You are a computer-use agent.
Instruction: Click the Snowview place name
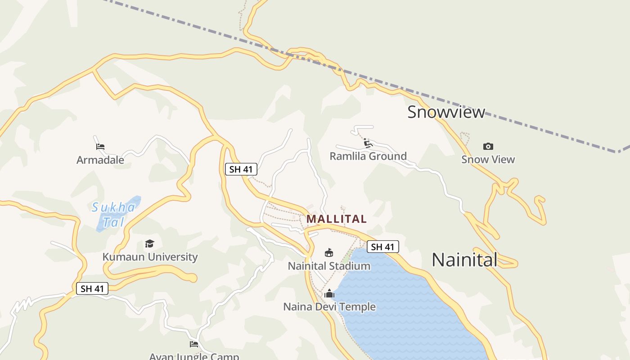pyautogui.click(x=446, y=112)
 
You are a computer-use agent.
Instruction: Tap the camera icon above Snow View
pyautogui.click(x=488, y=146)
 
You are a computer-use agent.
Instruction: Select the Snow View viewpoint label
pyautogui.click(x=488, y=159)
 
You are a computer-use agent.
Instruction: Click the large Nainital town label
pyautogui.click(x=464, y=260)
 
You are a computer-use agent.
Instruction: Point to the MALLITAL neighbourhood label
pyautogui.click(x=337, y=219)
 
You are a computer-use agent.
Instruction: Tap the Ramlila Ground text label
pyautogui.click(x=368, y=156)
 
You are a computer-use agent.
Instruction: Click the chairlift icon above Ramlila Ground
pyautogui.click(x=368, y=143)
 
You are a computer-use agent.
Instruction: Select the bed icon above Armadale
pyautogui.click(x=100, y=147)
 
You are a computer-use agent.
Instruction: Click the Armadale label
pyautogui.click(x=100, y=160)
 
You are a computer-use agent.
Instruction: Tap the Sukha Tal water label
pyautogui.click(x=113, y=214)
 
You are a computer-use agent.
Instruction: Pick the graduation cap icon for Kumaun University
pyautogui.click(x=149, y=243)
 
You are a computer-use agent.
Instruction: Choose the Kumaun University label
pyautogui.click(x=150, y=257)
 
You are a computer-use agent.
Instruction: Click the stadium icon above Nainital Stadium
pyautogui.click(x=329, y=252)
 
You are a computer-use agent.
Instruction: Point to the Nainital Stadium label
pyautogui.click(x=329, y=266)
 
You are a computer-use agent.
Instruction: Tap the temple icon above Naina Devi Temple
pyautogui.click(x=329, y=293)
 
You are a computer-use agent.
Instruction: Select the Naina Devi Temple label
pyautogui.click(x=329, y=307)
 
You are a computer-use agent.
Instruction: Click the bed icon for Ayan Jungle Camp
pyautogui.click(x=194, y=344)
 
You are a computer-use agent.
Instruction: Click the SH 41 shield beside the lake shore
pyautogui.click(x=382, y=247)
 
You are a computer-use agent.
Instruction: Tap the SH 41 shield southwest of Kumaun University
pyautogui.click(x=92, y=288)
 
